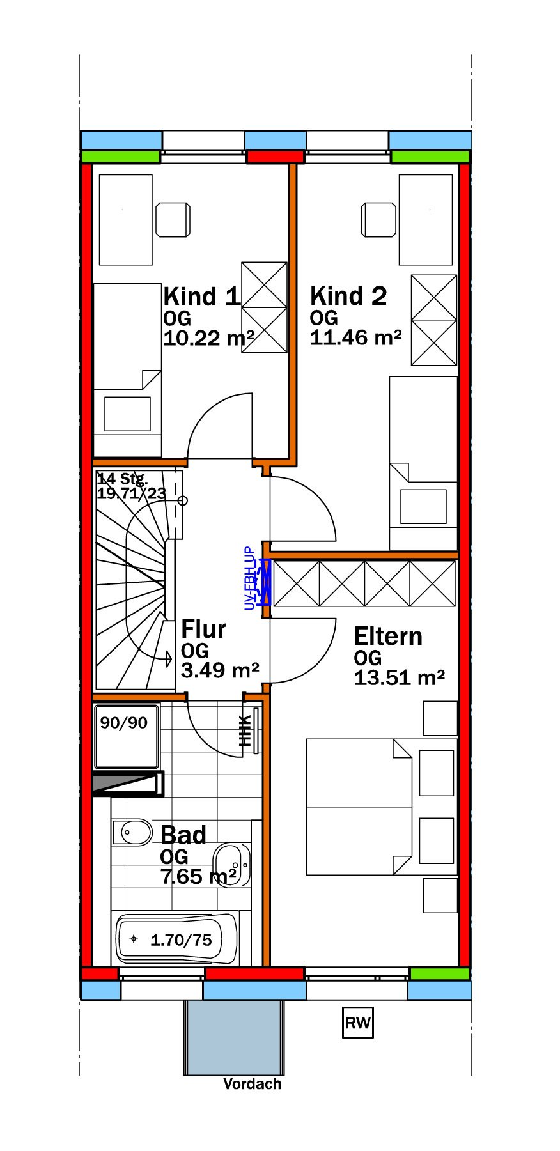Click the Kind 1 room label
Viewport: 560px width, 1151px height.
tap(201, 297)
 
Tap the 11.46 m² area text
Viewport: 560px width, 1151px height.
tap(355, 337)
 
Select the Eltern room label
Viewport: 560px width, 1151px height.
tap(388, 637)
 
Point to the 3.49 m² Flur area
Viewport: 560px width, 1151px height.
tap(219, 670)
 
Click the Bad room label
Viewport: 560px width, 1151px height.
tap(183, 835)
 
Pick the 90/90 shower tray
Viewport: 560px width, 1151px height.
tap(126, 736)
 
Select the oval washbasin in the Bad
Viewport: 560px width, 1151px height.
tap(231, 865)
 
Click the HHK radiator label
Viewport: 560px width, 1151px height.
tap(245, 730)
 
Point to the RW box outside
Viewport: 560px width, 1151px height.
tap(357, 1023)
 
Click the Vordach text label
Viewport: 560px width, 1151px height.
tap(252, 1084)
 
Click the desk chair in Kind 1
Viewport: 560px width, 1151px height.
tap(173, 220)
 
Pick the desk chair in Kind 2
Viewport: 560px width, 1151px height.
tap(379, 220)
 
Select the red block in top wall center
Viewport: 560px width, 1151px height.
tap(276, 157)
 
